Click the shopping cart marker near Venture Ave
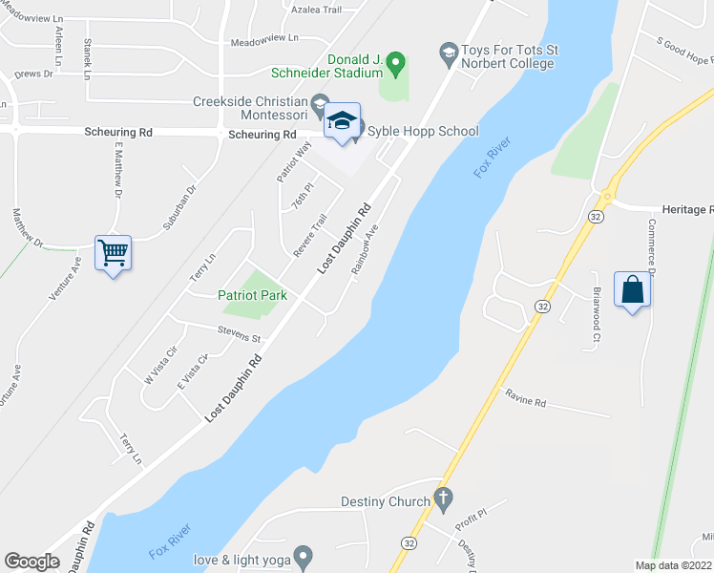[x=113, y=254]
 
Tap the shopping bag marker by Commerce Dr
[x=632, y=289]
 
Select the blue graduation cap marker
[x=342, y=122]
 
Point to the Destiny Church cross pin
[x=441, y=498]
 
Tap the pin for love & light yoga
[x=304, y=555]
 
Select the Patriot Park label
[x=252, y=296]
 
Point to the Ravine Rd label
[x=525, y=402]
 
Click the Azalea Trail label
[x=319, y=10]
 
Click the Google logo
[x=31, y=562]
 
